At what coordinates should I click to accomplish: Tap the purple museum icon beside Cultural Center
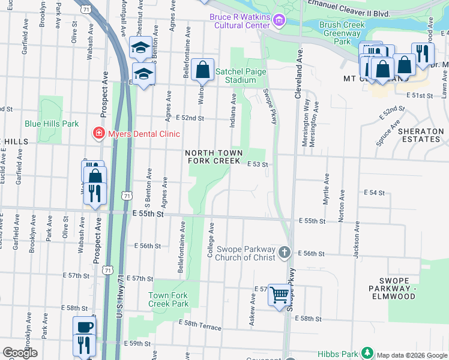tap(278, 22)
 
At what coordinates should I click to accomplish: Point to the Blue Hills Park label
tap(52, 124)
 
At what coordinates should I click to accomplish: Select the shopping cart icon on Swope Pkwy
tap(279, 295)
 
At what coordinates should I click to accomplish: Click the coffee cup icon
tap(84, 327)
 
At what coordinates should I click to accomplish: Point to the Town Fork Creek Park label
tap(169, 299)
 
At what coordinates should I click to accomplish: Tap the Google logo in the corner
tap(20, 353)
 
